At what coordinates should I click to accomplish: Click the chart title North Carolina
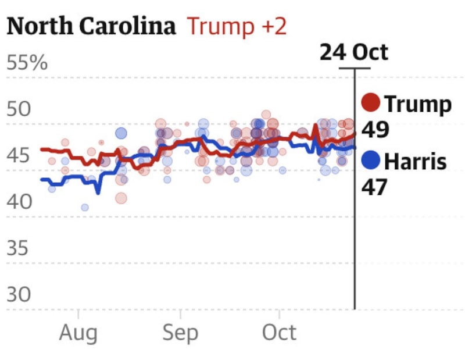point(91,26)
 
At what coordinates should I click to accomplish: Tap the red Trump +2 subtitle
point(237,27)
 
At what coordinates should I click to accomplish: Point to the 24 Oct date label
point(353,53)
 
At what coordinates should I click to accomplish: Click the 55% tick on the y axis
point(27,63)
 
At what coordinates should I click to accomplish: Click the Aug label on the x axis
point(78,333)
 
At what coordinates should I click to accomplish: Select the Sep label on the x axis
point(180,333)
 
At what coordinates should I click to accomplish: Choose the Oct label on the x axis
point(279,333)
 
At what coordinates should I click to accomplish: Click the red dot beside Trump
point(371,104)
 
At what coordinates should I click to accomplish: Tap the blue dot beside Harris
point(371,160)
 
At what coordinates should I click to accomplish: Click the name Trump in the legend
point(417,105)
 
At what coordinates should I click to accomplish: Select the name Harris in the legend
point(416,161)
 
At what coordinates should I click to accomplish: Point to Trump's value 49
point(375,130)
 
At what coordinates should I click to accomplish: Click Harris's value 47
point(375,187)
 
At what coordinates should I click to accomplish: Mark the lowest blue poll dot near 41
point(85,207)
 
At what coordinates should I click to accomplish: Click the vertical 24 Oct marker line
point(354,233)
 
